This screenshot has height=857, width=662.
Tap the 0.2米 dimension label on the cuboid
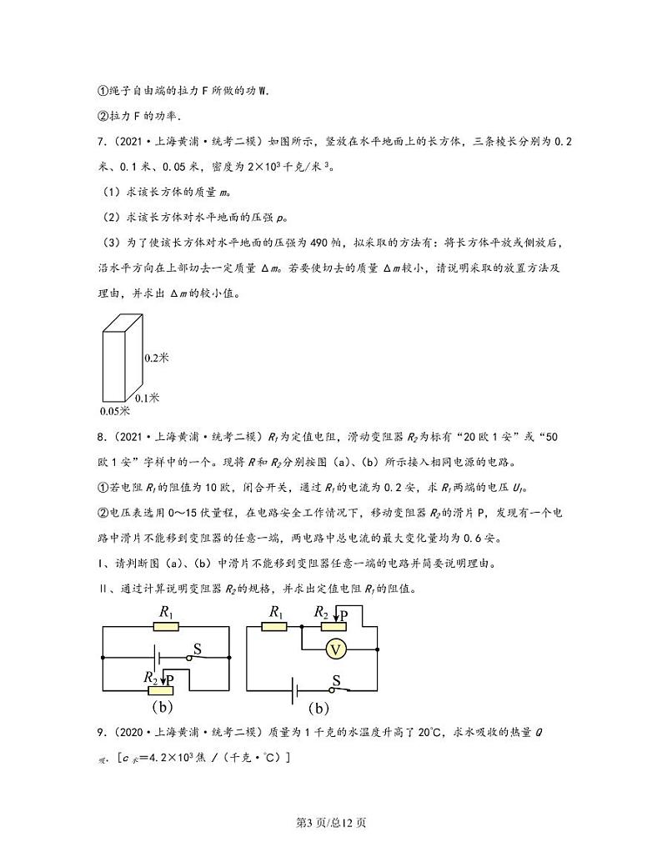[157, 357]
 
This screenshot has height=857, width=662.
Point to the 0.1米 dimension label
[147, 398]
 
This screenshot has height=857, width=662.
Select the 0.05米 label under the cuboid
[114, 410]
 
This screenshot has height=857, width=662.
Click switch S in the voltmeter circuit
[337, 689]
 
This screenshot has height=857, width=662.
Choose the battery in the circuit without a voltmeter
[158, 658]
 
